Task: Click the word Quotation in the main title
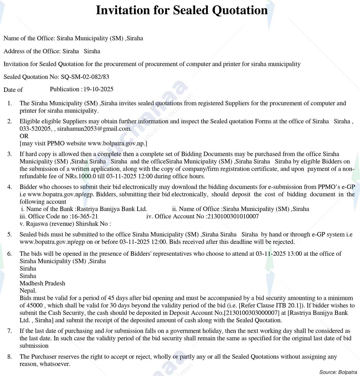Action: (x=240, y=10)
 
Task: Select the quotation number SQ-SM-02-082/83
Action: (x=85, y=77)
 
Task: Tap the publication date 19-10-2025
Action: (x=98, y=89)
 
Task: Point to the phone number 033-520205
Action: (x=35, y=129)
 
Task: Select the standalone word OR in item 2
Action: (x=24, y=136)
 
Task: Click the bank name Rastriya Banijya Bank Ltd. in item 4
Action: (x=112, y=209)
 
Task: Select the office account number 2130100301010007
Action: (x=233, y=216)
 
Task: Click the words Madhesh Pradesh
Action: (x=42, y=283)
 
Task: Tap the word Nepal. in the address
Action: (x=28, y=291)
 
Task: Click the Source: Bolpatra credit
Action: (x=338, y=372)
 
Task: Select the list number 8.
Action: (x=10, y=357)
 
